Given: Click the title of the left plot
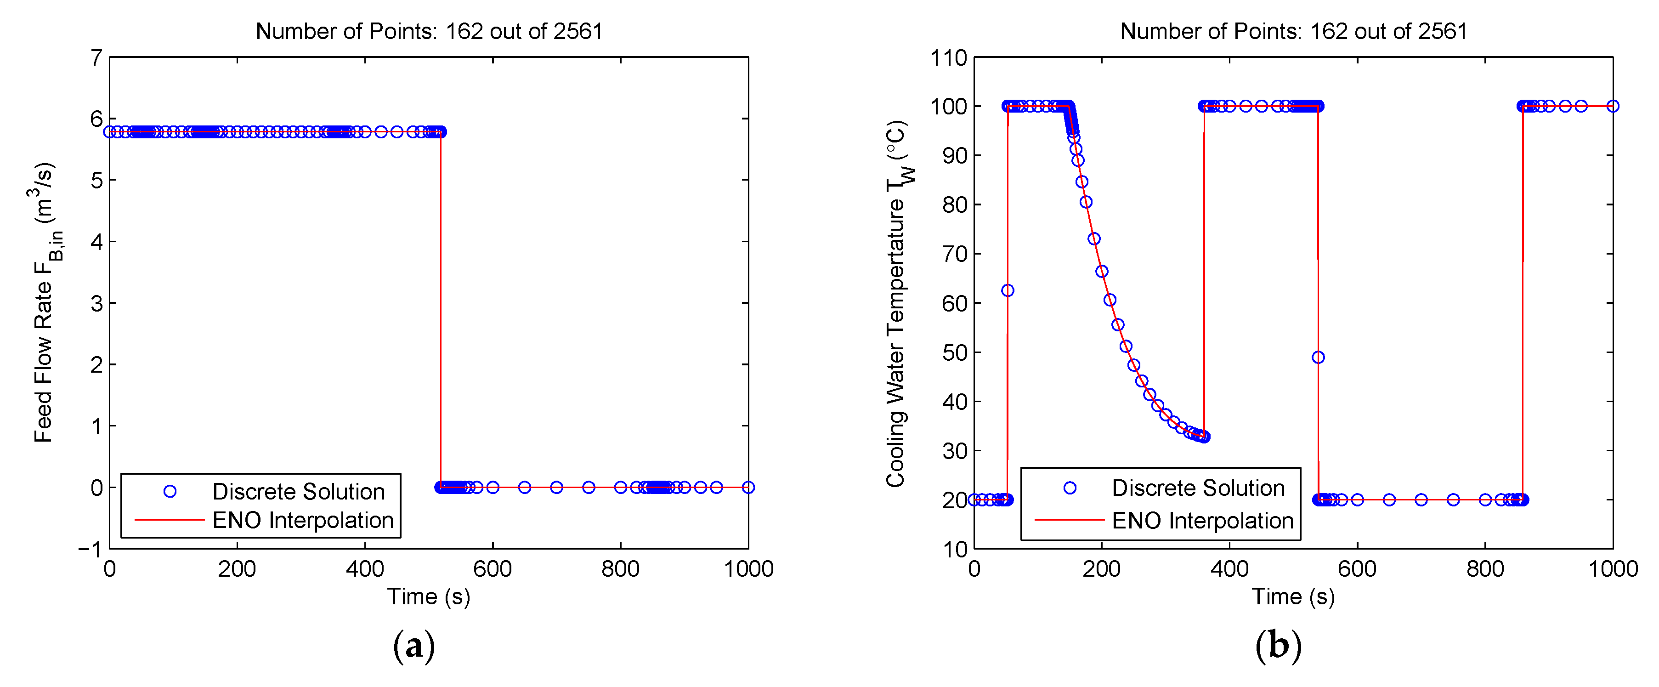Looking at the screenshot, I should (429, 31).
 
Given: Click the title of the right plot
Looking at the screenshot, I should (1293, 31).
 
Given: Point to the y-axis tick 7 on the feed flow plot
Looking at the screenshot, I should (96, 58).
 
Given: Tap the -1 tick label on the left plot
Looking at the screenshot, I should (90, 549).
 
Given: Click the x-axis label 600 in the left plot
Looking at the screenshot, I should (492, 569).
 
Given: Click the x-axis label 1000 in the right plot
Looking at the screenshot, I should (1613, 569).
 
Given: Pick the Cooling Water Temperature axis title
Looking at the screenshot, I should (898, 303).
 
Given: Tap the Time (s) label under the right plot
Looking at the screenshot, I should (1293, 597).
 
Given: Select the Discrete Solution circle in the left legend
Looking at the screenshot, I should (170, 491).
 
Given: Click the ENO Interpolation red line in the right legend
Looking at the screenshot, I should (1069, 519).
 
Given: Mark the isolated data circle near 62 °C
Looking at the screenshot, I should (1008, 290).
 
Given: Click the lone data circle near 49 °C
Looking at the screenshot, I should (1318, 357).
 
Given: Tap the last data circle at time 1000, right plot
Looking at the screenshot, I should (1613, 106).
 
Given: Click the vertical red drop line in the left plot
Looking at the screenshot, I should (441, 309).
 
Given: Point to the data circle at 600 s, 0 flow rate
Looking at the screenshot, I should (493, 487).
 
